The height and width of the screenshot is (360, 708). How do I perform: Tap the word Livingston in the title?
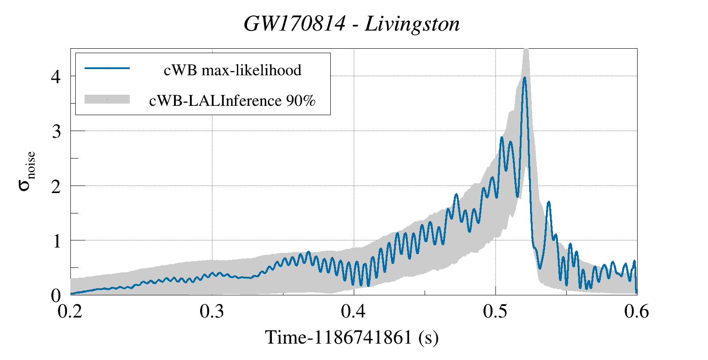(x=412, y=24)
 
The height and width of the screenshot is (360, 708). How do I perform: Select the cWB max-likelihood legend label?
(x=232, y=70)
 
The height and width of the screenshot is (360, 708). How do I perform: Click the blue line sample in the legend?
(x=107, y=68)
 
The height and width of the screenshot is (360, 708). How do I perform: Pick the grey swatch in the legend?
(x=107, y=99)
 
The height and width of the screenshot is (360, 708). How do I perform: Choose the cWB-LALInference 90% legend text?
(x=232, y=101)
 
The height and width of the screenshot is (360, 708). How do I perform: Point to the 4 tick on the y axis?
(x=56, y=77)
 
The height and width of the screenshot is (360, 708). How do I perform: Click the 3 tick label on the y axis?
(x=56, y=132)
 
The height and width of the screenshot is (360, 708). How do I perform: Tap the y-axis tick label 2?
(x=56, y=186)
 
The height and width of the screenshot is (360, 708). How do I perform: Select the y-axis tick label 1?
(x=56, y=241)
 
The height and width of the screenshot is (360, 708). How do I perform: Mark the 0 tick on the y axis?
(x=56, y=296)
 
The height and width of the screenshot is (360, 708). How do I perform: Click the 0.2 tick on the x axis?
(x=71, y=312)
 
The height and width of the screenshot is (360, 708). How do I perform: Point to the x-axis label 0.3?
(x=213, y=312)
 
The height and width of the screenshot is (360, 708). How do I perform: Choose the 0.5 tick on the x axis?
(x=495, y=312)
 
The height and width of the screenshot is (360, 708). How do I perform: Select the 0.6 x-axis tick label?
(x=637, y=312)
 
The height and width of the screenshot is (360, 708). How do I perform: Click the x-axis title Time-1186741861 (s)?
(x=352, y=337)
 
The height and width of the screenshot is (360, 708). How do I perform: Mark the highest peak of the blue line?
(x=525, y=77)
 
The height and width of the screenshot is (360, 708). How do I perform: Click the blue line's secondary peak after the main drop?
(x=549, y=202)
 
